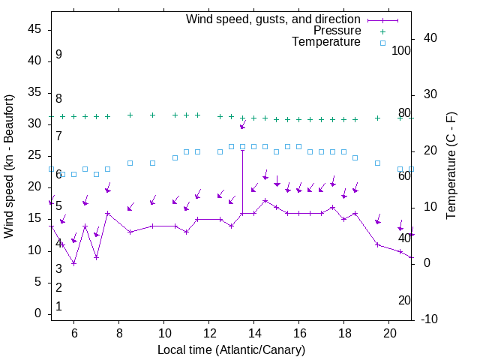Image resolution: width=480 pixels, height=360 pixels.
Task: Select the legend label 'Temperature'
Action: pyautogui.click(x=326, y=42)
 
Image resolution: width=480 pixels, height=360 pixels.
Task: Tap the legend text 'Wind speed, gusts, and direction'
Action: pyautogui.click(x=274, y=19)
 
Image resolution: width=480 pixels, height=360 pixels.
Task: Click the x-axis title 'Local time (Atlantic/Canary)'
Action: pyautogui.click(x=232, y=350)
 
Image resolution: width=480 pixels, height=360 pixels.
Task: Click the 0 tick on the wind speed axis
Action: pyautogui.click(x=37, y=314)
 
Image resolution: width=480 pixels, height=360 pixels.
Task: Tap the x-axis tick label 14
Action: pyautogui.click(x=254, y=332)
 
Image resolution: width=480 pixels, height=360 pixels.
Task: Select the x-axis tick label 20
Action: pyautogui.click(x=389, y=332)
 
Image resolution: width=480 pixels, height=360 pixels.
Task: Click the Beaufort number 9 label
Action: pyautogui.click(x=58, y=55)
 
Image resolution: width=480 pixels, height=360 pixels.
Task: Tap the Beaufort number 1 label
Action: pyautogui.click(x=58, y=307)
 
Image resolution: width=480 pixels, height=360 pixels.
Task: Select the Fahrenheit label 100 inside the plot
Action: pyautogui.click(x=401, y=51)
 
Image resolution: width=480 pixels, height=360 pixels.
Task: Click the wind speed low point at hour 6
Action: pyautogui.click(x=73, y=263)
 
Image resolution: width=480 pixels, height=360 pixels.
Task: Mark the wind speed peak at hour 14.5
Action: pyautogui.click(x=265, y=200)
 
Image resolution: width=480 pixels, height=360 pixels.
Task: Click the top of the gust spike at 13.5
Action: pyautogui.click(x=242, y=149)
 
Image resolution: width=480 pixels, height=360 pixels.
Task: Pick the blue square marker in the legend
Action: pyautogui.click(x=382, y=43)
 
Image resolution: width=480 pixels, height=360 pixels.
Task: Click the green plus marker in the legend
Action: pyautogui.click(x=382, y=31)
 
